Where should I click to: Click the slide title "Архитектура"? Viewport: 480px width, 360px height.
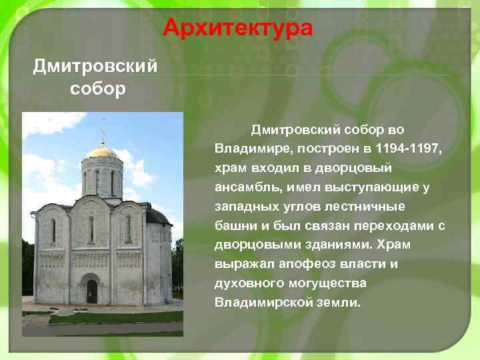pos(238,28)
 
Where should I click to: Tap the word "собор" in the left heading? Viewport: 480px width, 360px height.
pos(96,89)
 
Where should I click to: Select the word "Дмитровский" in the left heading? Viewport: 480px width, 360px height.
pos(96,67)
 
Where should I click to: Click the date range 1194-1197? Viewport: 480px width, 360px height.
pos(409,146)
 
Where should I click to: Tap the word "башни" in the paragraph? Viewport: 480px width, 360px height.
pos(234,225)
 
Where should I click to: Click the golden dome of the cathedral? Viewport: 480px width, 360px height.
pos(103,151)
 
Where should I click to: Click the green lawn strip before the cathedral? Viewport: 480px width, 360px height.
pos(113,317)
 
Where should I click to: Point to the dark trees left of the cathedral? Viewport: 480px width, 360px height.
pos(27,267)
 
